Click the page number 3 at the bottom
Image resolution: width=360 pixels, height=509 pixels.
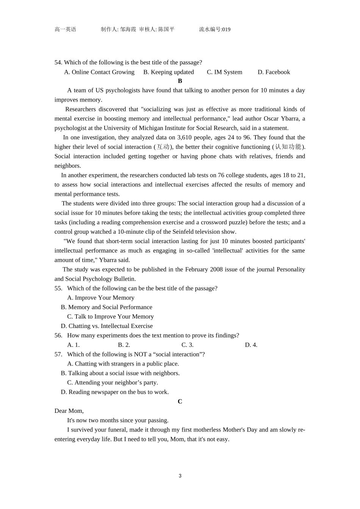tap(180, 476)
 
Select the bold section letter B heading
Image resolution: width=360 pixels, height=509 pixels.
tap(180, 81)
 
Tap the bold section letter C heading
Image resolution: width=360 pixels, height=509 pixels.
tap(180, 401)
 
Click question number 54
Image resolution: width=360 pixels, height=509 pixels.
tap(58, 62)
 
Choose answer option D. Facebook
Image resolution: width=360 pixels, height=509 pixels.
tap(274, 72)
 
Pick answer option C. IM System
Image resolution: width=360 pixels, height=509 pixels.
tap(224, 72)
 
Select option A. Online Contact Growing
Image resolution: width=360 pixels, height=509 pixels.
tap(99, 72)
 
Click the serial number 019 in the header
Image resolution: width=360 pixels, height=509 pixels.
tap(226, 30)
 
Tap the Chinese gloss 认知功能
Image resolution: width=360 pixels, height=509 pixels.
tap(288, 147)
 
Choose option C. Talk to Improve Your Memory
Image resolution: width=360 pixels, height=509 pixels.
tap(110, 317)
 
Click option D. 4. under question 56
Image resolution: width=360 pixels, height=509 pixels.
tap(251, 345)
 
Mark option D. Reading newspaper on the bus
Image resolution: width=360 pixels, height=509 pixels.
tap(115, 392)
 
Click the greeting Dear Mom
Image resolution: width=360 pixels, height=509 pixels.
tap(69, 411)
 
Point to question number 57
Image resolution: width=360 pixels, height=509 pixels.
tap(58, 354)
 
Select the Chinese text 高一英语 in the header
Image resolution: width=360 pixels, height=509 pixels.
tap(65, 30)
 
